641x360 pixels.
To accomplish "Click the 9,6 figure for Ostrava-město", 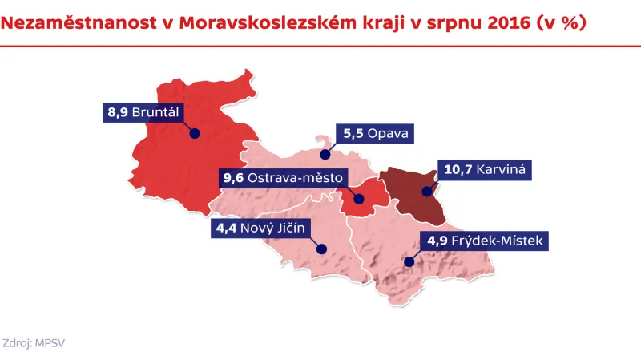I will pyautogui.click(x=232, y=176).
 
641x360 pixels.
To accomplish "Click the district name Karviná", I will pyautogui.click(x=498, y=170).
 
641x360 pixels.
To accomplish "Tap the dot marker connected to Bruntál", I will pyautogui.click(x=195, y=135).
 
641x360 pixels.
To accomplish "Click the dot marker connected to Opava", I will pyautogui.click(x=325, y=154).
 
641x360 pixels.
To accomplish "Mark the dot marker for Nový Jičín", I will pyautogui.click(x=320, y=249).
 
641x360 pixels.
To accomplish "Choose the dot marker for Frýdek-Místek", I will pyautogui.click(x=408, y=260).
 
